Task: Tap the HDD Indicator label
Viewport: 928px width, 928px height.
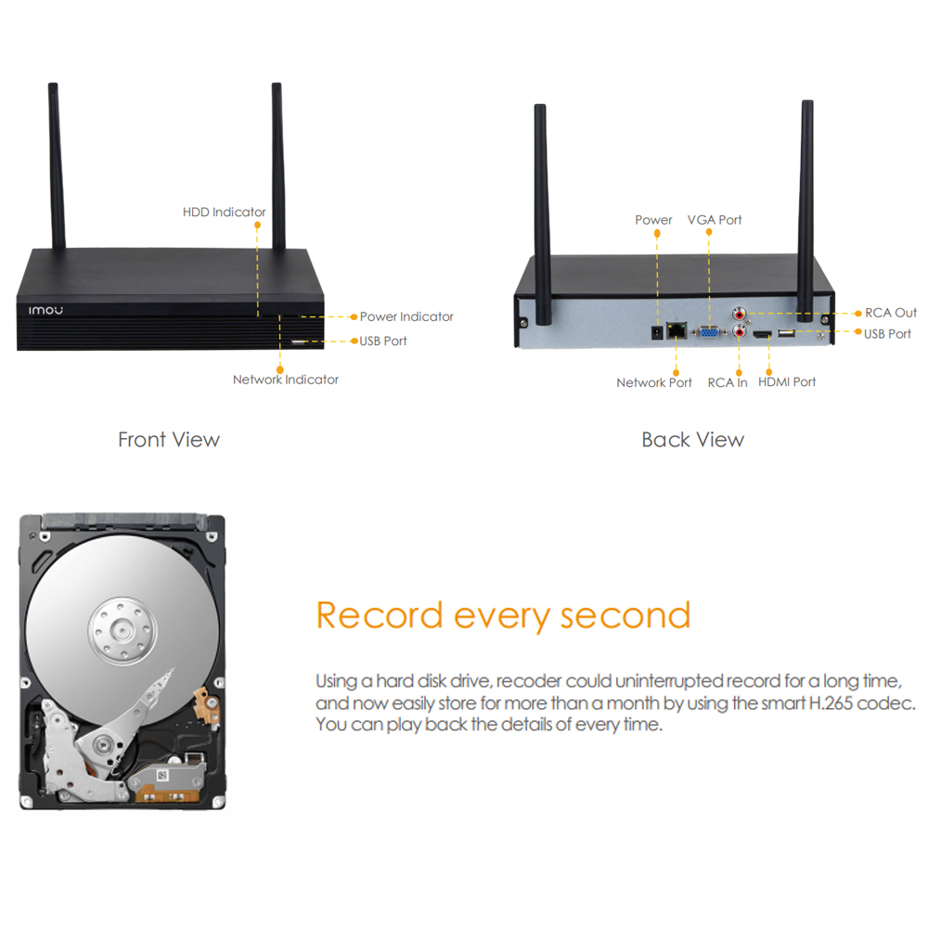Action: point(224,213)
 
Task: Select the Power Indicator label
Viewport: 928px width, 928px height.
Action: point(406,316)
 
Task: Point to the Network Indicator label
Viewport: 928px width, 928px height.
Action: point(286,380)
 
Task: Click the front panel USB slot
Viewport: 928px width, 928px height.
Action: point(299,342)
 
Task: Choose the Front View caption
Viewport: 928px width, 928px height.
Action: point(169,440)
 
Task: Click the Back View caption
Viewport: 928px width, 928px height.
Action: point(692,440)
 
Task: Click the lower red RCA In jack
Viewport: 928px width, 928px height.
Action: point(741,330)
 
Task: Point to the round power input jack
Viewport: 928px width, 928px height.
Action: point(656,331)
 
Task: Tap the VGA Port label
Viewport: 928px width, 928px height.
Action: point(715,220)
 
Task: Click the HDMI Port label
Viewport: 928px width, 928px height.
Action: point(787,381)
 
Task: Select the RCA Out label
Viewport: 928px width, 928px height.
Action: point(891,313)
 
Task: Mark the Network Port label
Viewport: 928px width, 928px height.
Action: point(654,382)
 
